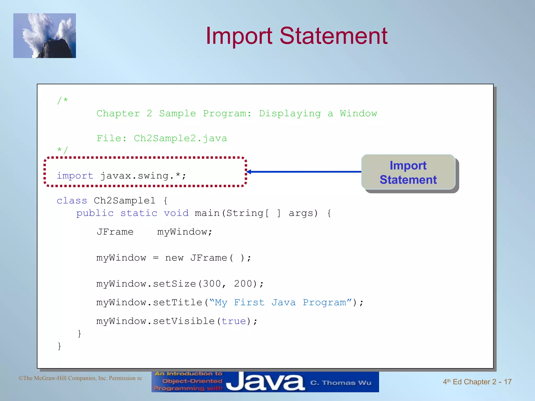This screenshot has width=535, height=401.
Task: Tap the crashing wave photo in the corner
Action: [45, 36]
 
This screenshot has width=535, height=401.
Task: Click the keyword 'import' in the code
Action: [75, 176]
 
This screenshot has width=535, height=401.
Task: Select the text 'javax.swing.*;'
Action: [143, 176]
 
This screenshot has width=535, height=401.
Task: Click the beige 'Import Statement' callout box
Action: [408, 172]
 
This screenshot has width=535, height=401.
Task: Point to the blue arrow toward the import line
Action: [304, 172]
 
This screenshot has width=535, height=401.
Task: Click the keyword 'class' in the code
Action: [72, 200]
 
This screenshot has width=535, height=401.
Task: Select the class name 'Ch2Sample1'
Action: [125, 200]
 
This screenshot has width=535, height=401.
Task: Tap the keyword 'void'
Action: [176, 213]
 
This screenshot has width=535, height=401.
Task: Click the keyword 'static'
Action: [139, 213]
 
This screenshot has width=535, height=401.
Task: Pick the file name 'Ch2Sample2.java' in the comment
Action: [180, 138]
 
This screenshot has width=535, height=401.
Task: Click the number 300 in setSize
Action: [212, 284]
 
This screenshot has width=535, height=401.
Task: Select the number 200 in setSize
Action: [243, 284]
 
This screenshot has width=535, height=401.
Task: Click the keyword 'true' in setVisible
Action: [234, 321]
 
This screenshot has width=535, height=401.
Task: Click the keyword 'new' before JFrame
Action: [174, 258]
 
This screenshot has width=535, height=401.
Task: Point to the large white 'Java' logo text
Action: [265, 382]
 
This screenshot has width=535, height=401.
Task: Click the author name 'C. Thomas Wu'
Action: [341, 383]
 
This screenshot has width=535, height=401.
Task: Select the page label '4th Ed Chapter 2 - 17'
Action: [477, 382]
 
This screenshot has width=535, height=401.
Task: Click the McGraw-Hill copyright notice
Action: [80, 378]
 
